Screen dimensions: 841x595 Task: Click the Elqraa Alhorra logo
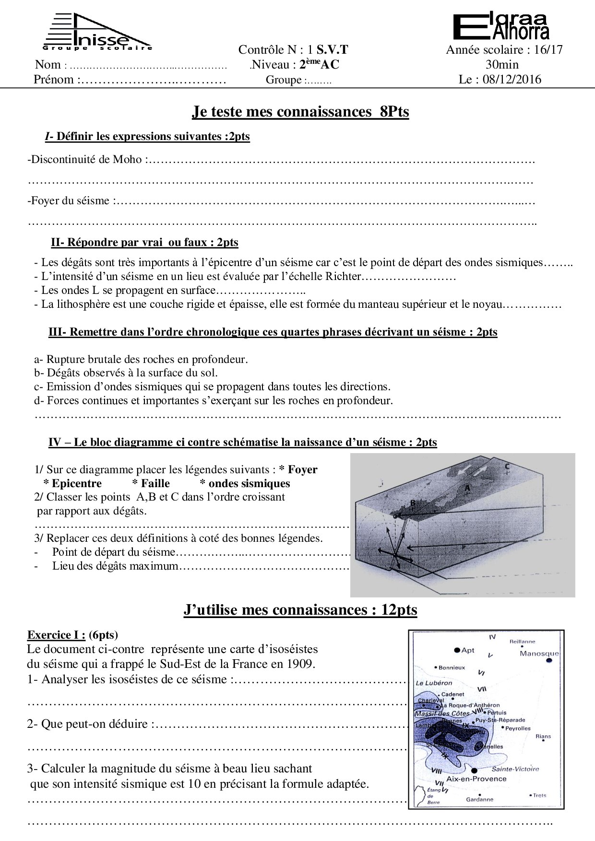click(x=501, y=27)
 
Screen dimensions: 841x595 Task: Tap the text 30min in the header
click(x=502, y=65)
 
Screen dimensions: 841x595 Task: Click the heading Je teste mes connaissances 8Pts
click(x=300, y=112)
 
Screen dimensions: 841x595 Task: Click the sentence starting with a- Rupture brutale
click(x=141, y=359)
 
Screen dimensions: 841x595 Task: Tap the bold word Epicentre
click(x=76, y=483)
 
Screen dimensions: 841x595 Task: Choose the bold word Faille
click(x=155, y=483)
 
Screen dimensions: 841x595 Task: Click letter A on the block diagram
click(x=467, y=488)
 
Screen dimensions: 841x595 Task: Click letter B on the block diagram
click(x=412, y=503)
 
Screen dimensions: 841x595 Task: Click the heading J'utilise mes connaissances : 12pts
click(x=300, y=610)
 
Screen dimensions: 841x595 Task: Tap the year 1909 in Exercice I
click(x=301, y=664)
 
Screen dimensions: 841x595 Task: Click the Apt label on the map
click(x=467, y=650)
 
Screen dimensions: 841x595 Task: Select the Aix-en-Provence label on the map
click(x=476, y=779)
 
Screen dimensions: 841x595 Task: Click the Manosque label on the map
click(x=539, y=654)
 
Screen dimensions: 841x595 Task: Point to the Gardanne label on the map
click(x=479, y=799)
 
